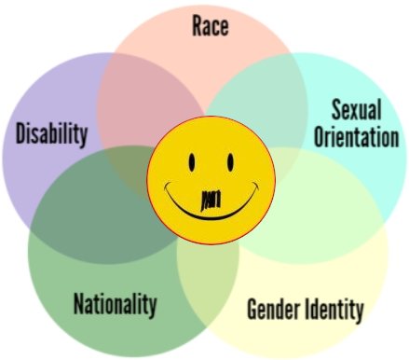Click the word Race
coord(211,25)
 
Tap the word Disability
coord(51,133)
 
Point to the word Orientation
coord(357,138)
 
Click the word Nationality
coord(115,304)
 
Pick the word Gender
coord(276,309)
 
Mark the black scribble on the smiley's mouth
coord(212,199)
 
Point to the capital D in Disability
coord(21,133)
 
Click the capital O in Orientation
coord(319,138)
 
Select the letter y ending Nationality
coord(152,307)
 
